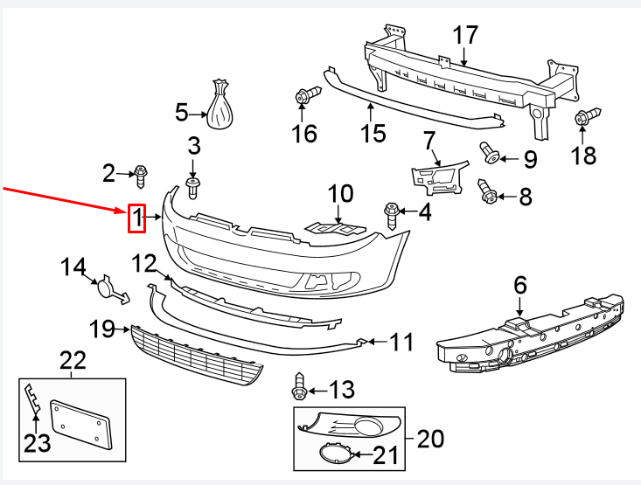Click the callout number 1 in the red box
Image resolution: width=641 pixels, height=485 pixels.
[x=137, y=218]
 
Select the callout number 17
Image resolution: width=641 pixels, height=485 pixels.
[x=466, y=35]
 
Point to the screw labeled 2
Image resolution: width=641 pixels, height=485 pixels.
[x=140, y=175]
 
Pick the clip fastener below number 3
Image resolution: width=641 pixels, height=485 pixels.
[x=193, y=186]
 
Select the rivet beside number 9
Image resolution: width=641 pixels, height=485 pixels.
[x=490, y=155]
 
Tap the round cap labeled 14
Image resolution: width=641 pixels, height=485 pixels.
[x=108, y=288]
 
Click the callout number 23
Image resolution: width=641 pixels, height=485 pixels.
[x=37, y=443]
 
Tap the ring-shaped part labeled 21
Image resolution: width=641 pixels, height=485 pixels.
[x=335, y=454]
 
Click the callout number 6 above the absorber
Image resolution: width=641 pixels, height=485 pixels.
[x=520, y=284]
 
